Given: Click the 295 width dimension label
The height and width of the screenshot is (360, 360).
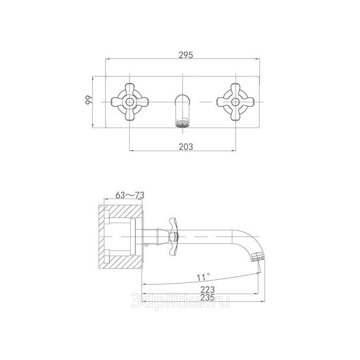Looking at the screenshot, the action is click(x=186, y=55).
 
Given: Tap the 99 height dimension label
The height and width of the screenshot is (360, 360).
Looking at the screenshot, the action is click(x=88, y=100).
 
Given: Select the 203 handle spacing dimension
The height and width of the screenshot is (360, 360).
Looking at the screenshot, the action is click(x=186, y=147).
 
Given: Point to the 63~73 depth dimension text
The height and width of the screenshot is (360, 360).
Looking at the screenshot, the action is click(x=130, y=195).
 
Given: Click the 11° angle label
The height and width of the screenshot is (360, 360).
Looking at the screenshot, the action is click(x=204, y=277).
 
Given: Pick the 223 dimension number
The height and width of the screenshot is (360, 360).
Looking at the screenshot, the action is click(x=207, y=290).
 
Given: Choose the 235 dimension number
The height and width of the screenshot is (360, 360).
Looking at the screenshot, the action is click(x=207, y=298).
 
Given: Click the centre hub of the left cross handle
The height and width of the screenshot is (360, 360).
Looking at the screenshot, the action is click(x=130, y=102).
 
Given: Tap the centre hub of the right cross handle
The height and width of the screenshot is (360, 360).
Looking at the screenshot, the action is click(x=236, y=102).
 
